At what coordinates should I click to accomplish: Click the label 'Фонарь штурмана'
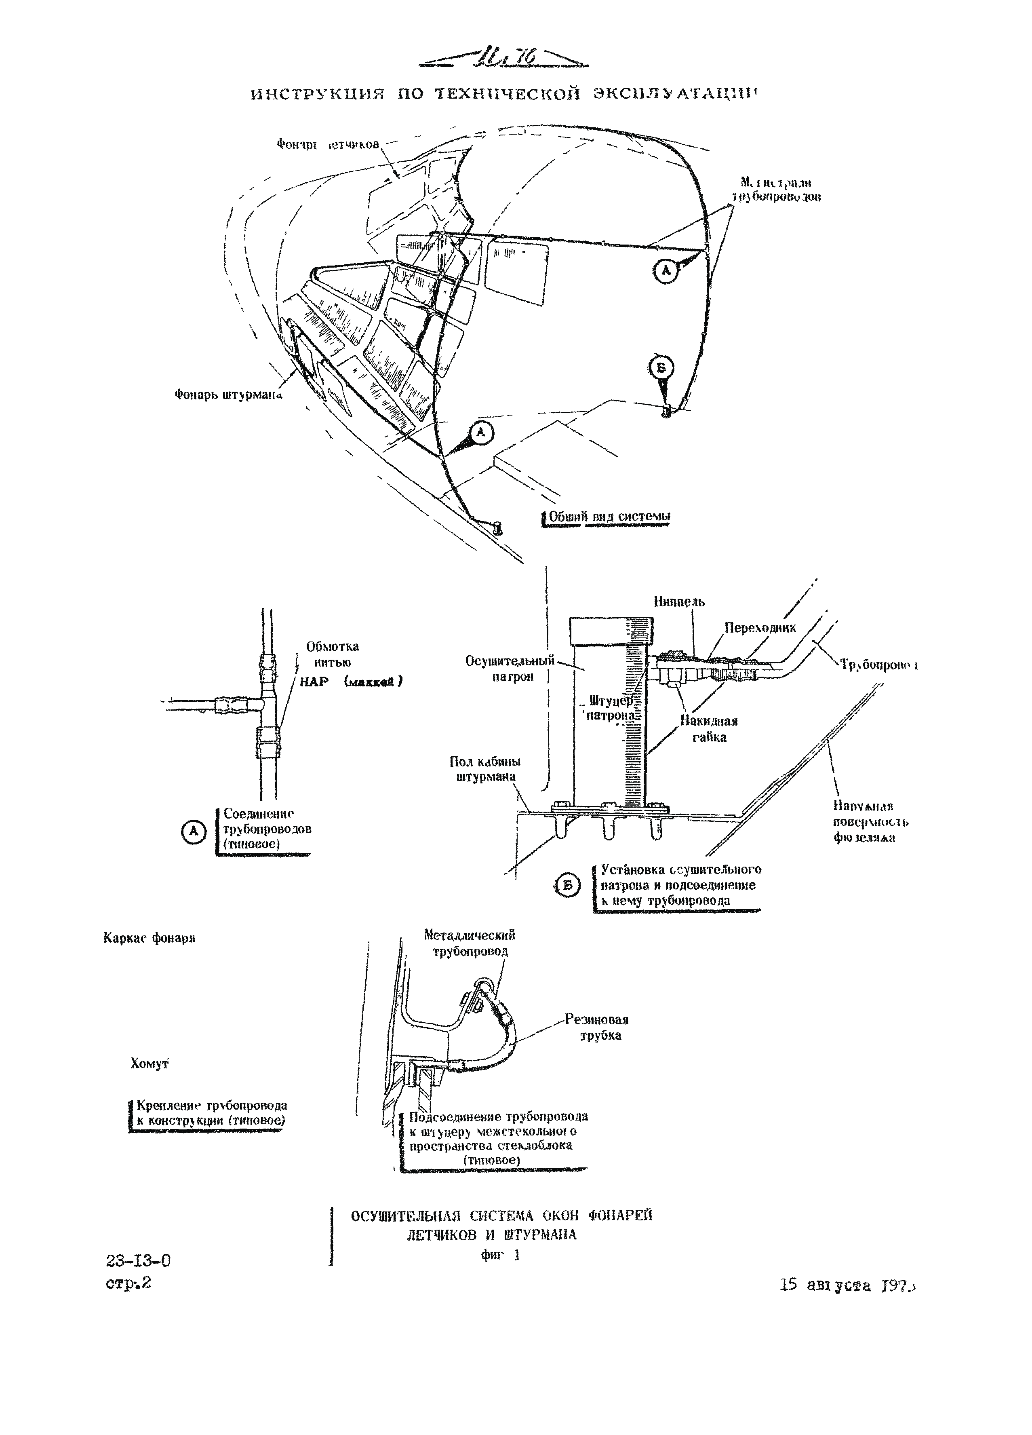tap(227, 395)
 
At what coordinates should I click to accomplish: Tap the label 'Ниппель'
tap(679, 602)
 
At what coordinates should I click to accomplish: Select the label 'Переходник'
tap(760, 628)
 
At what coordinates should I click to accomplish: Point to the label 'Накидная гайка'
tap(709, 729)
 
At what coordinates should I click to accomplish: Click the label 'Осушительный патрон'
tap(510, 669)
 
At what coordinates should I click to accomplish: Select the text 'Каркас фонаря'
tap(149, 938)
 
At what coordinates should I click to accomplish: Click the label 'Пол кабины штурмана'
tap(485, 769)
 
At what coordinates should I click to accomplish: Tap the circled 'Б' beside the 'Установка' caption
tap(567, 885)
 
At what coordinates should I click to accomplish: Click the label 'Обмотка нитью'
tap(333, 654)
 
